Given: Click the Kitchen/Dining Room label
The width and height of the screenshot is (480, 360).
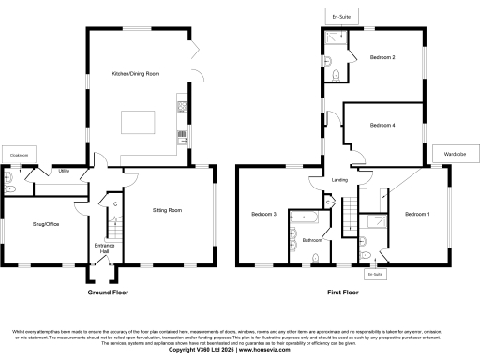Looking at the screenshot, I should click(136, 72).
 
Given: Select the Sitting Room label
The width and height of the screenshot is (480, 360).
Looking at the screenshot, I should click(167, 211).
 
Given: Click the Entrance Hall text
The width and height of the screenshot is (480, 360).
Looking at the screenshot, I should click(104, 248).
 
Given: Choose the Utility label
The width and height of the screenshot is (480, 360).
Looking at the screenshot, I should click(64, 172).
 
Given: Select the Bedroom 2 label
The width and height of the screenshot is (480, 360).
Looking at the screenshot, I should click(382, 58).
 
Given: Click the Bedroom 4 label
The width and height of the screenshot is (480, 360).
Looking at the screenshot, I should click(382, 125).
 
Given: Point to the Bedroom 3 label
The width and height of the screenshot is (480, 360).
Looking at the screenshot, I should click(263, 215).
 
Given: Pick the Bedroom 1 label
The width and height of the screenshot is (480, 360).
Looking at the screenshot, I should click(417, 215).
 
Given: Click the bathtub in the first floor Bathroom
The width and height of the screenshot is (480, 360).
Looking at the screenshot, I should click(307, 221).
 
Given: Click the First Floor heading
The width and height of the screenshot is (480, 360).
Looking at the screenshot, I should click(343, 292).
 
